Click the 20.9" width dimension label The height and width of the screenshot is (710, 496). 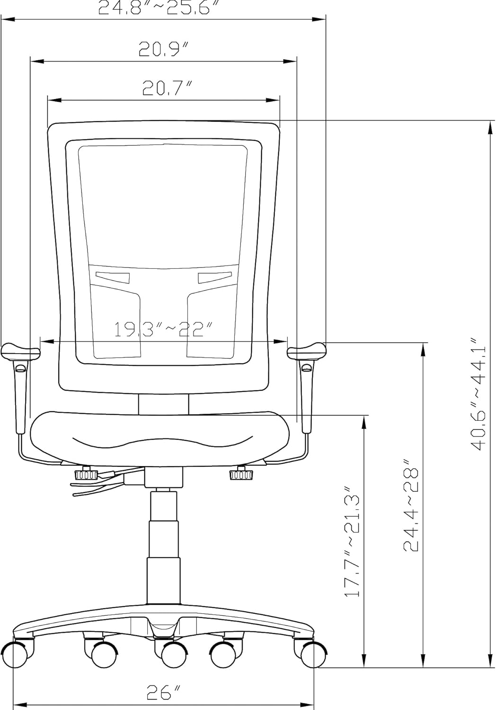coord(164,49)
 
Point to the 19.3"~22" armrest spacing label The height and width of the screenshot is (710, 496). coord(163,329)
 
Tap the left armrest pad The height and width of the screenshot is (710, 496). coord(21,351)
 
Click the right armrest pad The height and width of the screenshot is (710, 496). coord(307,351)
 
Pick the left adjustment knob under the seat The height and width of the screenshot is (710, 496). coord(86,474)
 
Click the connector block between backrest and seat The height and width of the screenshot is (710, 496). coord(164,404)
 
